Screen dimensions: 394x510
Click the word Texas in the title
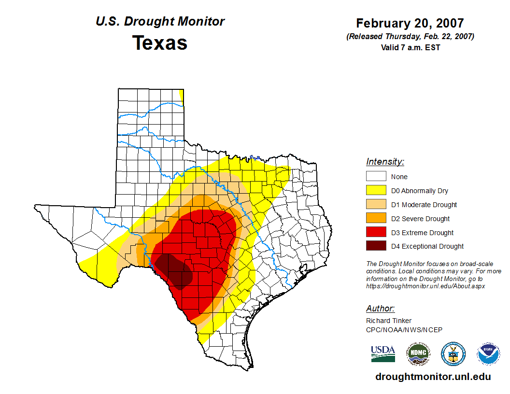tap(160, 43)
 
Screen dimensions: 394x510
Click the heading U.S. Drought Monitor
tap(160, 22)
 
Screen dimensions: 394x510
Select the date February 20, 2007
tap(410, 23)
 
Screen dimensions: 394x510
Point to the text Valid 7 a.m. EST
tap(410, 47)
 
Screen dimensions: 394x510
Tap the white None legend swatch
tap(376, 177)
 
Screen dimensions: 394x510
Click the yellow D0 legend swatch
tap(376, 191)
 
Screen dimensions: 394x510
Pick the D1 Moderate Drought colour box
tap(376, 205)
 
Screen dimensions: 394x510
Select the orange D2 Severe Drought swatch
tap(376, 219)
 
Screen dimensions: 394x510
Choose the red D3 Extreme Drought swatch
tap(376, 233)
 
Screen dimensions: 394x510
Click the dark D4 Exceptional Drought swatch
tap(376, 246)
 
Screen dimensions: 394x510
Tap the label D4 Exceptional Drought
tap(427, 246)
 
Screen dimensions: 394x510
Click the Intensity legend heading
tap(385, 162)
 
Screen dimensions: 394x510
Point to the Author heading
tap(381, 309)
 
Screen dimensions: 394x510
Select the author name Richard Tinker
tap(389, 321)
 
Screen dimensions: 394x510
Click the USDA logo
tap(383, 354)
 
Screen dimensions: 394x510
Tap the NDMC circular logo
tap(418, 354)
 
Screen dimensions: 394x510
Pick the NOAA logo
tap(488, 354)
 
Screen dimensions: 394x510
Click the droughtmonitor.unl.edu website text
tap(433, 377)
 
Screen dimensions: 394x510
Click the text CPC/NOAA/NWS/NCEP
tap(404, 330)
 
